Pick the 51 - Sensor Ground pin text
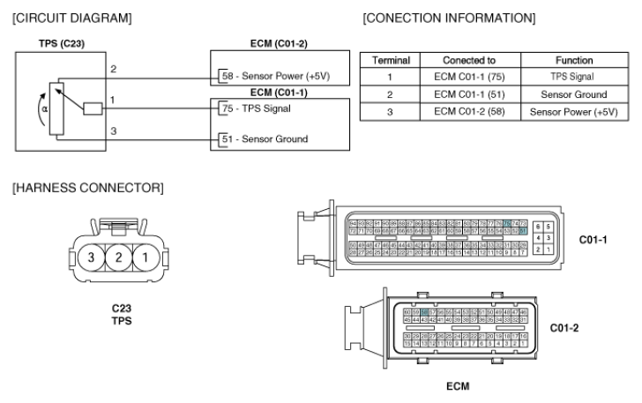point(264,138)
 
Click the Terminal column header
point(389,60)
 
